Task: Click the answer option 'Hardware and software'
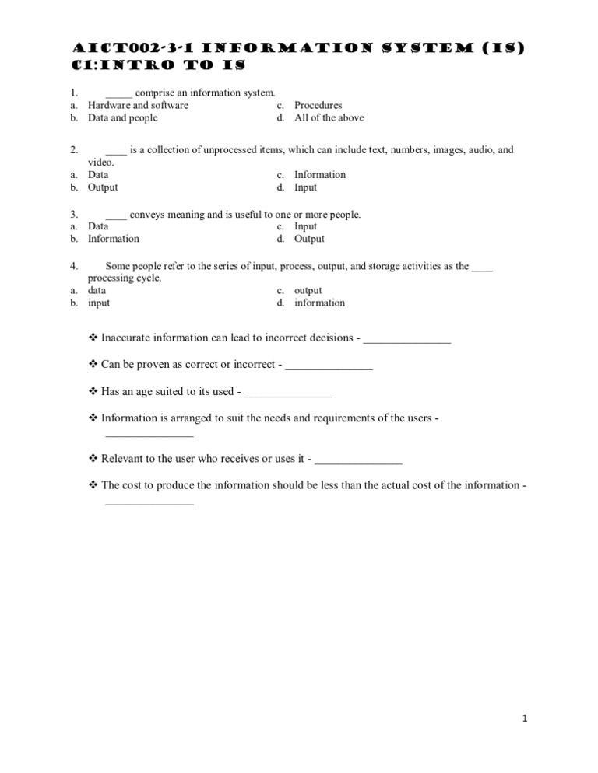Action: tap(138, 105)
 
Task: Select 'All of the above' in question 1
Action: tap(329, 118)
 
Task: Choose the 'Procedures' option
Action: tap(318, 105)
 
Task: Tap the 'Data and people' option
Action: tap(122, 118)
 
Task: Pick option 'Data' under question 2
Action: tap(98, 175)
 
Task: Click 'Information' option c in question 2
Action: tap(319, 175)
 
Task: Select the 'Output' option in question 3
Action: tap(309, 239)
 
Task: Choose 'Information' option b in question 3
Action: tap(113, 239)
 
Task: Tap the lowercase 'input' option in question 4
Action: tap(99, 303)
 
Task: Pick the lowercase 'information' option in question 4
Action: tap(319, 303)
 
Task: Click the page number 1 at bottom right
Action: tap(526, 719)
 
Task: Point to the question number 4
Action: tap(73, 266)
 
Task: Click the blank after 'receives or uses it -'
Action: tap(359, 460)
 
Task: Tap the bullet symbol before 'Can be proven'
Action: tap(93, 364)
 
